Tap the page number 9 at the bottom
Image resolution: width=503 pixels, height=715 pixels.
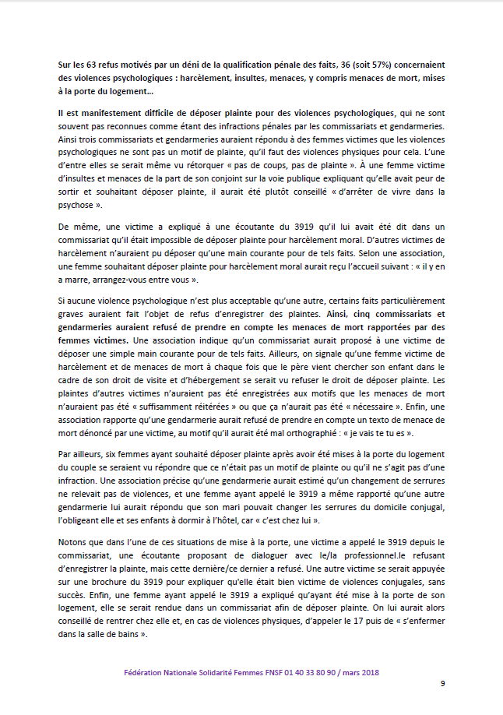[x=442, y=684]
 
